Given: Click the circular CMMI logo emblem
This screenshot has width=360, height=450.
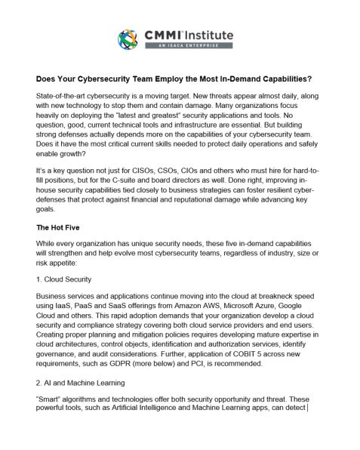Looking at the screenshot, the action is click(x=129, y=39).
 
